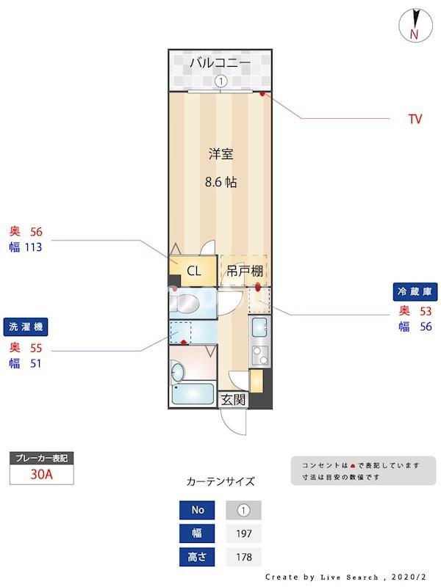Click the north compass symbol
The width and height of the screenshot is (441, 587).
pyautogui.click(x=413, y=25)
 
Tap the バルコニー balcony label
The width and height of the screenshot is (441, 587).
pyautogui.click(x=220, y=63)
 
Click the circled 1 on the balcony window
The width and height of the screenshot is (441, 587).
pyautogui.click(x=220, y=82)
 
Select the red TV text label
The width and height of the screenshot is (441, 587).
pyautogui.click(x=415, y=119)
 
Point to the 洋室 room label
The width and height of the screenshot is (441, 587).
pyautogui.click(x=220, y=154)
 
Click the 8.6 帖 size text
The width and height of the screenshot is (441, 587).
pyautogui.click(x=220, y=182)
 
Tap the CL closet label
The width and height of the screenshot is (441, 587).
pyautogui.click(x=193, y=271)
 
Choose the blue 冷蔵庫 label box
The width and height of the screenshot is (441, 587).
pyautogui.click(x=416, y=291)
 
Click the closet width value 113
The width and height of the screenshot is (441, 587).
pyautogui.click(x=32, y=247)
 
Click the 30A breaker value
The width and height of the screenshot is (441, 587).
pyautogui.click(x=41, y=474)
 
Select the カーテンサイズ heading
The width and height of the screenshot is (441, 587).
pyautogui.click(x=220, y=482)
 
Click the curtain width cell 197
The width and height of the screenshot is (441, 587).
pyautogui.click(x=243, y=533)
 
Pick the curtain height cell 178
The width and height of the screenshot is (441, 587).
pyautogui.click(x=243, y=557)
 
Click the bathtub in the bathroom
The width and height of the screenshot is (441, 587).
pyautogui.click(x=192, y=395)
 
